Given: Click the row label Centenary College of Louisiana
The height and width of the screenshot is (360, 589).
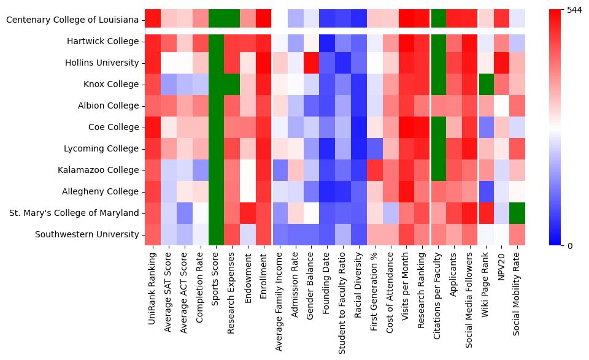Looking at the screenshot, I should point(72,20).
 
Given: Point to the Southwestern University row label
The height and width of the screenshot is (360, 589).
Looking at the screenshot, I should point(87,234).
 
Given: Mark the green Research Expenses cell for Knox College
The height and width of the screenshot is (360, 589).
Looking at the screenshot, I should point(232,84).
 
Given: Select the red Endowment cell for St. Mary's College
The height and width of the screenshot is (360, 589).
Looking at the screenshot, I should point(248,213).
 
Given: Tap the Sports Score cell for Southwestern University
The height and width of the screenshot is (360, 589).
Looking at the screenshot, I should point(216,234).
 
